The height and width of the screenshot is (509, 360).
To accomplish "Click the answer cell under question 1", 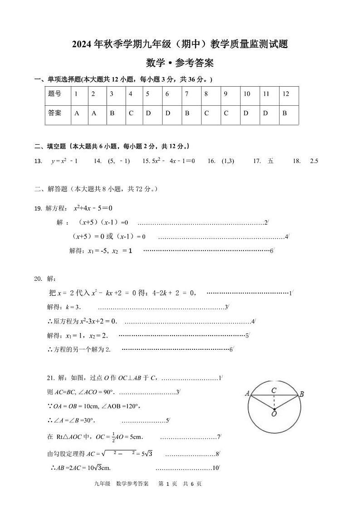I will (x=77, y=113).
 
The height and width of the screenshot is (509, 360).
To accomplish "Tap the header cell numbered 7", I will (x=187, y=94).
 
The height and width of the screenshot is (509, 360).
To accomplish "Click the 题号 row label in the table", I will (x=54, y=94).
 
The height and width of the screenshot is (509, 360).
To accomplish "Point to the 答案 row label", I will (x=54, y=113).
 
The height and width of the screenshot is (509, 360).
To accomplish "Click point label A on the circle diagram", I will (x=248, y=393).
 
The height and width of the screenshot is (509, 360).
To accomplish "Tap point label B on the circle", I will (x=302, y=394).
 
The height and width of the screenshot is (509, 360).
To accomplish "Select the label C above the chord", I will (x=274, y=390).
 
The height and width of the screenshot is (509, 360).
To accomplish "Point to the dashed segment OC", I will (x=274, y=402).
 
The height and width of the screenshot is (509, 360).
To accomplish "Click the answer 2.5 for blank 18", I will (x=314, y=161).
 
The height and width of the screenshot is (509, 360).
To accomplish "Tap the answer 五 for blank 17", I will (x=271, y=161).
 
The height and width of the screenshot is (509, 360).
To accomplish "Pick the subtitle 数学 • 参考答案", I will (x=180, y=63).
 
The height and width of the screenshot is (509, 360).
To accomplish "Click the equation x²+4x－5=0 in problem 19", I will (x=93, y=208).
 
